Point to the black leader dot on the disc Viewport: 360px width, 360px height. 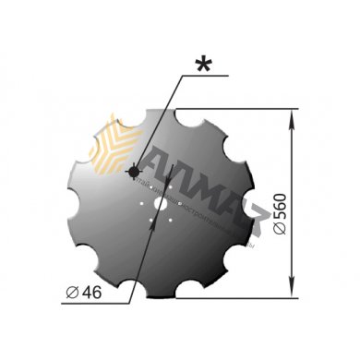point(135,172)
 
